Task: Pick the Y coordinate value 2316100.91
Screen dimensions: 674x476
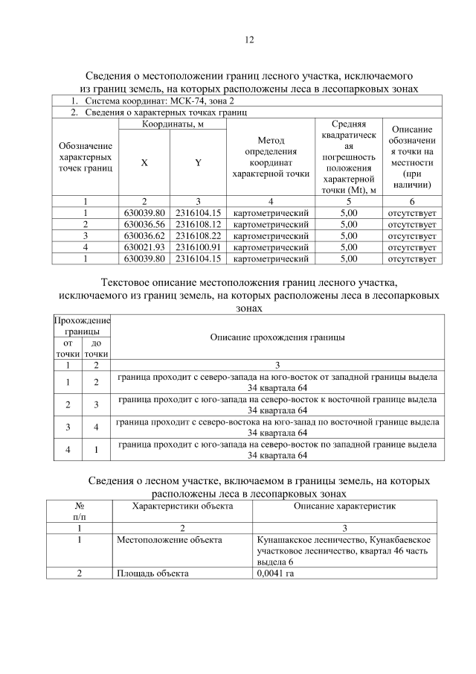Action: tap(199, 247)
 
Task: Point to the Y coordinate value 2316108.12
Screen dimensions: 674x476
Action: tap(199, 224)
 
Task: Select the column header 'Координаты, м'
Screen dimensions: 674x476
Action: tap(171, 124)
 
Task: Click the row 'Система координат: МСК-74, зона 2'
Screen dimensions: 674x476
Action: tap(152, 101)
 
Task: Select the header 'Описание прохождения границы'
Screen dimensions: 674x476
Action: tap(277, 337)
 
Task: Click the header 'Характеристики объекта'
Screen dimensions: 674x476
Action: tap(182, 506)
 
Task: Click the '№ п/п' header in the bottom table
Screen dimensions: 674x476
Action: tap(79, 511)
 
